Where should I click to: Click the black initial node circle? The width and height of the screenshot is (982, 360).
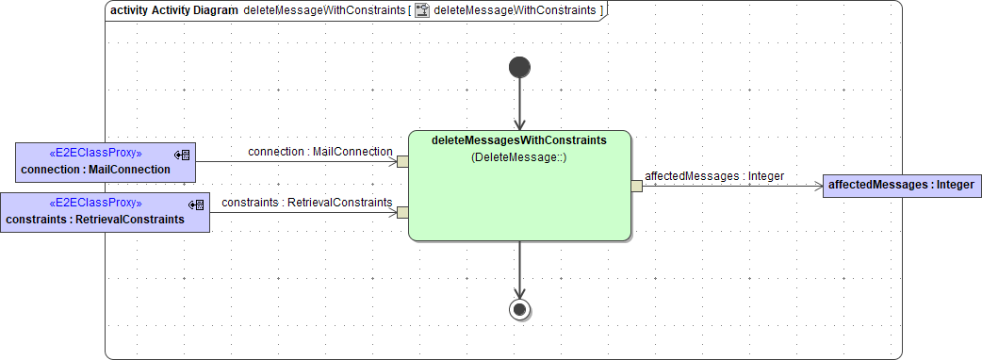[519, 67]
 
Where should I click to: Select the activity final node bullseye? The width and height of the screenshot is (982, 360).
[519, 309]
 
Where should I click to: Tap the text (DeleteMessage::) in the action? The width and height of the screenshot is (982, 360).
[518, 158]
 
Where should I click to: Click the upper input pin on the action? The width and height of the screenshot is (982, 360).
[402, 161]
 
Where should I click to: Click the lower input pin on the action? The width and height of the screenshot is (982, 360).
[402, 212]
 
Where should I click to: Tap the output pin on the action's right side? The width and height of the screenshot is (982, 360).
[636, 186]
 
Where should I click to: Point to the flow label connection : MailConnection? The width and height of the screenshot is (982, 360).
[320, 152]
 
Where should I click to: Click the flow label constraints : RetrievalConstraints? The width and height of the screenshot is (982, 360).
[307, 202]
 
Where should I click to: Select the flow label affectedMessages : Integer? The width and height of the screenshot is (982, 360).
[714, 175]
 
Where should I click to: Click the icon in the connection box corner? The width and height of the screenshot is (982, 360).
[183, 154]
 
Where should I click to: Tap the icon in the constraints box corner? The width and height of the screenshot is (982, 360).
[197, 205]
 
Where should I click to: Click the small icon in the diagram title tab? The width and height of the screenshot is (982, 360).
[422, 11]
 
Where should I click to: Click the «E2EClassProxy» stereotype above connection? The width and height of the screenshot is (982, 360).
[95, 153]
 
